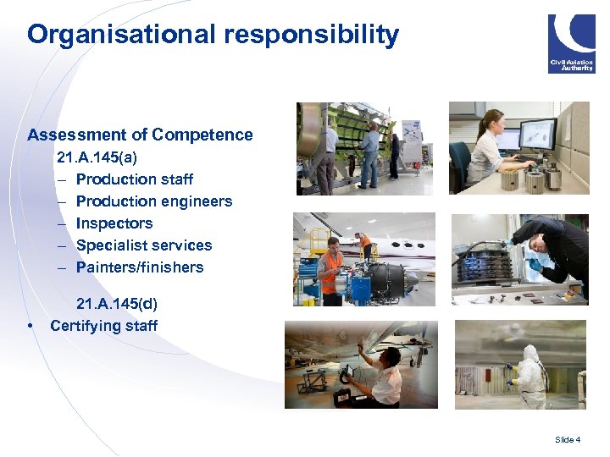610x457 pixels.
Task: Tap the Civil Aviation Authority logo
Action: (x=571, y=43)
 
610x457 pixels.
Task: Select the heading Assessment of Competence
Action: (x=140, y=135)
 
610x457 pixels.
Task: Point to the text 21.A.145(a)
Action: (x=97, y=157)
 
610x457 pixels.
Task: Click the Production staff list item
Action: (x=134, y=179)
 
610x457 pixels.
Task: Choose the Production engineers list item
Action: (x=153, y=201)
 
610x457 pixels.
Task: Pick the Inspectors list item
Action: (x=114, y=223)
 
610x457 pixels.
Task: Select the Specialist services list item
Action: (x=144, y=245)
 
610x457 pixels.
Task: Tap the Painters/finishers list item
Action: (x=140, y=267)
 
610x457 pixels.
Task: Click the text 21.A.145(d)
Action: (x=117, y=304)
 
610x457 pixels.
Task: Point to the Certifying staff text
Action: (x=103, y=326)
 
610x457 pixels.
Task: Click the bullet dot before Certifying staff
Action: (x=30, y=327)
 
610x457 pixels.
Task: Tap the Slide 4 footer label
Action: (x=568, y=439)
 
